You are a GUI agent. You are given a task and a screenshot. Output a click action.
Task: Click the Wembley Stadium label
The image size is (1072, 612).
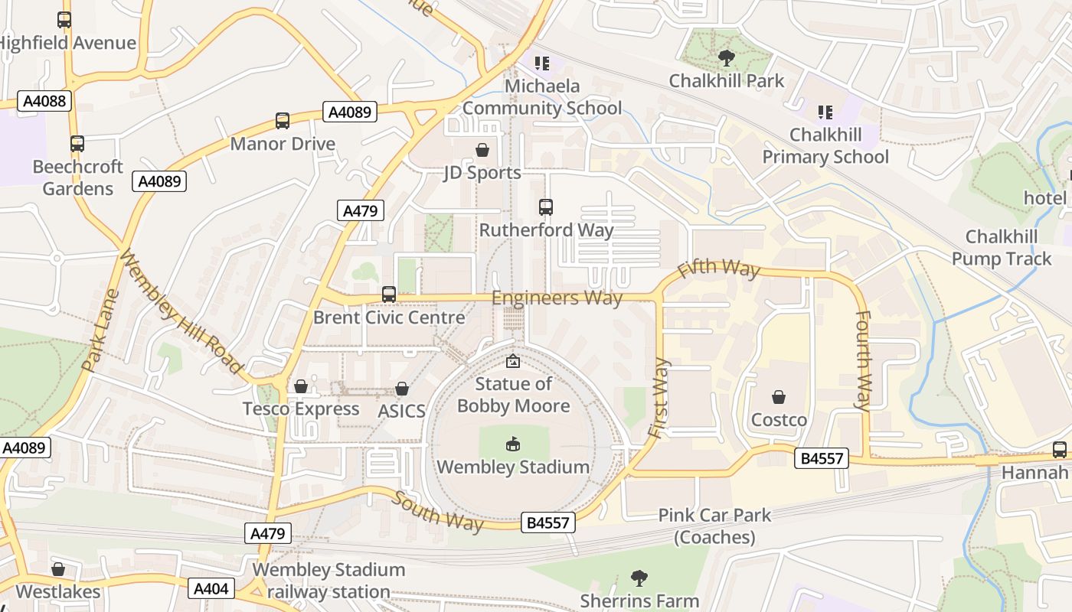[512, 467]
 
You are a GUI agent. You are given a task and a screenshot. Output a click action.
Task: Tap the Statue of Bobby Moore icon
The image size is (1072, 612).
[512, 361]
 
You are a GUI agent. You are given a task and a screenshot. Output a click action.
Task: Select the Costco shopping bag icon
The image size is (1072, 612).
[779, 397]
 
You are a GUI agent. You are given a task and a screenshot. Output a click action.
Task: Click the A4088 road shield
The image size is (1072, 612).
[44, 101]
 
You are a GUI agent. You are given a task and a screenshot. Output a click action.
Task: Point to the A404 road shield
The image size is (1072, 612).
[211, 588]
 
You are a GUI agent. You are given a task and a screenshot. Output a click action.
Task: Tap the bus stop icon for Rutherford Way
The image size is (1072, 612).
[545, 207]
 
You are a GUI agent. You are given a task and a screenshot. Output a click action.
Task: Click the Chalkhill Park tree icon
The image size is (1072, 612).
[726, 57]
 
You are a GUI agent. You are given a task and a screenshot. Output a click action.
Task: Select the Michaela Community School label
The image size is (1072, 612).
[542, 97]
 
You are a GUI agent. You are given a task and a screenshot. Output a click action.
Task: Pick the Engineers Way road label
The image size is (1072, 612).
[557, 298]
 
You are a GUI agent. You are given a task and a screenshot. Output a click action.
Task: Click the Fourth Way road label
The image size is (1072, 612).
[863, 360]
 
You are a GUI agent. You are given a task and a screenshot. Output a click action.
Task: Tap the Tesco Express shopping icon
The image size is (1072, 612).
[301, 386]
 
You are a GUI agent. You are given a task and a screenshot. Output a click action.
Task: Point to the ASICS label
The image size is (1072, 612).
[401, 411]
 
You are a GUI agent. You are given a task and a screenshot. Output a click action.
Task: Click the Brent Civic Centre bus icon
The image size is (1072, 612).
[388, 294]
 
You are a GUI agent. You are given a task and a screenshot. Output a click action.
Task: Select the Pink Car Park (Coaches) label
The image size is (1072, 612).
[714, 526]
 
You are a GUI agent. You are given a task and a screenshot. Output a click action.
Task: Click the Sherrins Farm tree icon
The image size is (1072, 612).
[639, 578]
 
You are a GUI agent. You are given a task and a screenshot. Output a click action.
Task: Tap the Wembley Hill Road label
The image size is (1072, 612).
[181, 314]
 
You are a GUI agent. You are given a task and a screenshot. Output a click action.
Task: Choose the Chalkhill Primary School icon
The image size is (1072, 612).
[825, 112]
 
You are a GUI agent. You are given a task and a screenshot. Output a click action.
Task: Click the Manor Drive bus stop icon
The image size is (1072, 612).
[283, 120]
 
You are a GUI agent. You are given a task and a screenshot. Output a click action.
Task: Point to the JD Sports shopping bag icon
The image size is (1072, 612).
[482, 149]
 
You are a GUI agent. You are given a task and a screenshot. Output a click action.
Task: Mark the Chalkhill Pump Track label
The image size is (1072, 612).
[1002, 248]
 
